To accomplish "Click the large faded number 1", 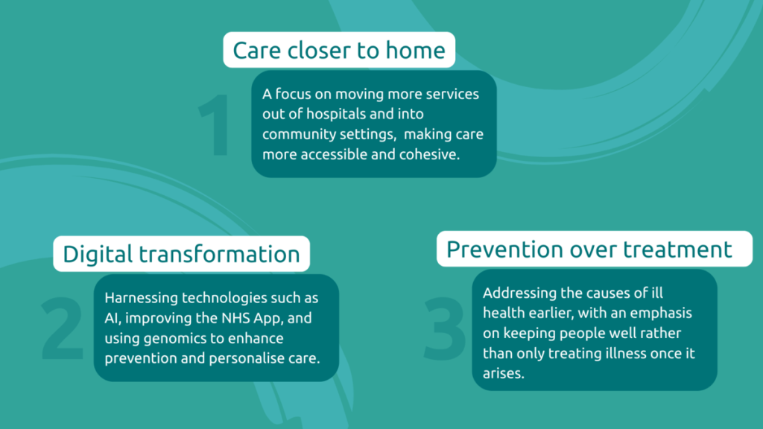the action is point(215,125).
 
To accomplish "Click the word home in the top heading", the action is point(416,50).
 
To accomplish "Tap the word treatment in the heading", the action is point(678,250).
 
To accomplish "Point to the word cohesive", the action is point(430,154).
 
